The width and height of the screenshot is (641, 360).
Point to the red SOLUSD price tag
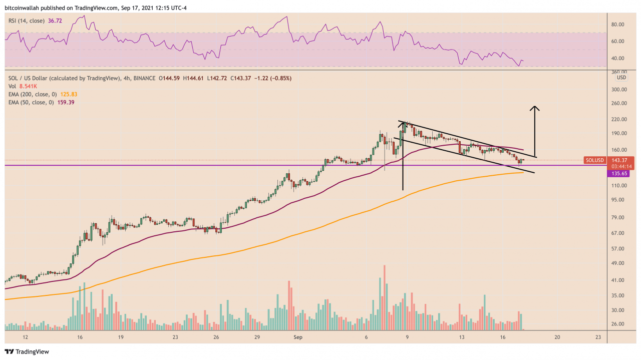[x=595, y=160]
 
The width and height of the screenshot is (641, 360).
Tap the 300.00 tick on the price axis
[x=619, y=90]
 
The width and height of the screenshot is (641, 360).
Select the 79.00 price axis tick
[x=618, y=217]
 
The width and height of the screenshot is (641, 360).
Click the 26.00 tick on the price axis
[x=618, y=324]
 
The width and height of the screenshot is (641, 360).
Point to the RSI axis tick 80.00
[x=618, y=24]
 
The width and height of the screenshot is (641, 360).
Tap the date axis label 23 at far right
[x=598, y=337]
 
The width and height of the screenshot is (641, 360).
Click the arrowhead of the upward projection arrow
[x=535, y=108]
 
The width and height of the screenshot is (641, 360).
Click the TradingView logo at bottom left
[x=27, y=352]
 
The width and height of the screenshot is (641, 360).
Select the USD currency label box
[x=621, y=78]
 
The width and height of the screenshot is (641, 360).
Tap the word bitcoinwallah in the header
[x=22, y=7]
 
